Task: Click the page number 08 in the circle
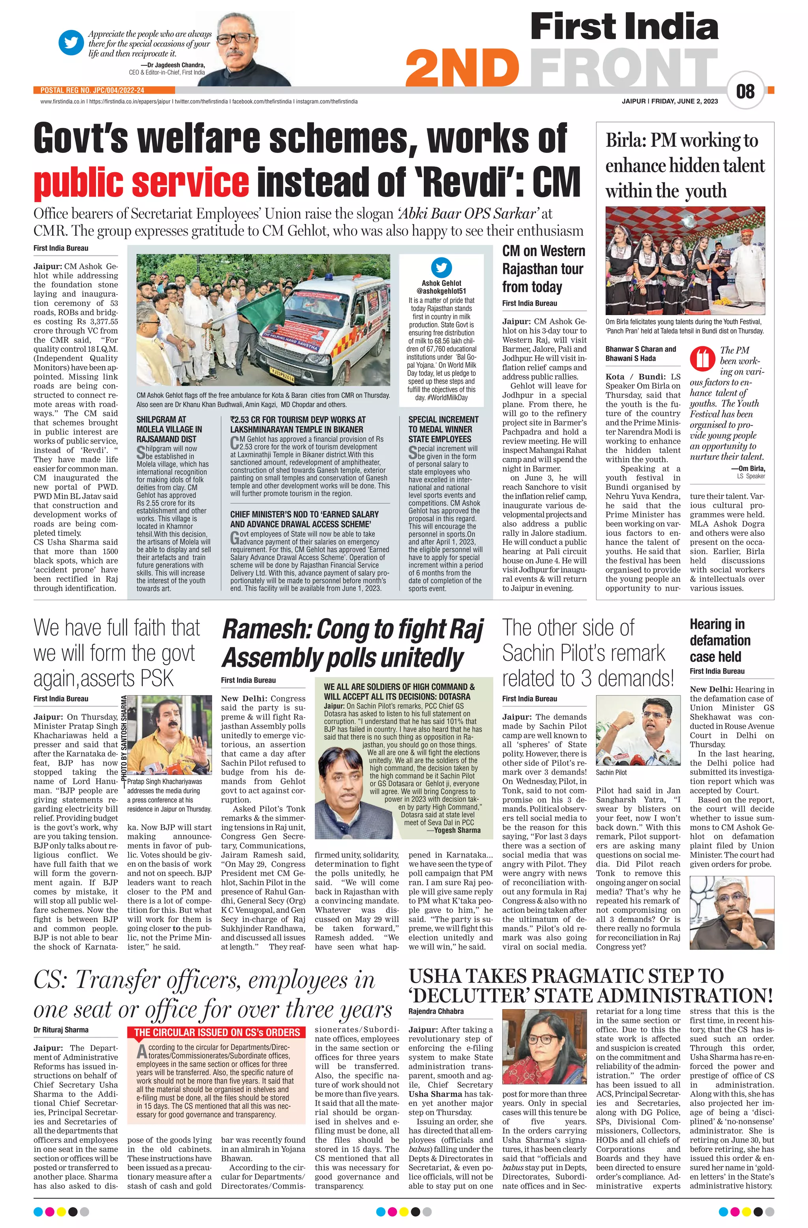[x=745, y=92]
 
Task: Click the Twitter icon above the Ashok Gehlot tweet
[x=441, y=268]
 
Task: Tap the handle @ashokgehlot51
[x=441, y=291]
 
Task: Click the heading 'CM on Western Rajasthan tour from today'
[x=544, y=269]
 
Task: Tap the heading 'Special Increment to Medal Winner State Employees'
[x=443, y=429]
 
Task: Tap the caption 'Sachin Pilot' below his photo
[x=611, y=772]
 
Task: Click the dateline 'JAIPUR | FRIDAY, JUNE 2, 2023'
[x=669, y=101]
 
